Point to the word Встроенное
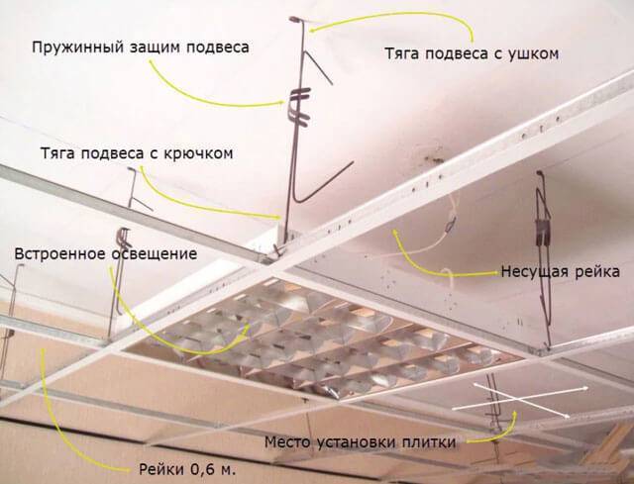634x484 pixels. point(60,254)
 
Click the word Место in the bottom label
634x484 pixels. point(287,442)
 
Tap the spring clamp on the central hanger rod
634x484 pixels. point(299,108)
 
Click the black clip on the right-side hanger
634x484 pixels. point(543,233)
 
